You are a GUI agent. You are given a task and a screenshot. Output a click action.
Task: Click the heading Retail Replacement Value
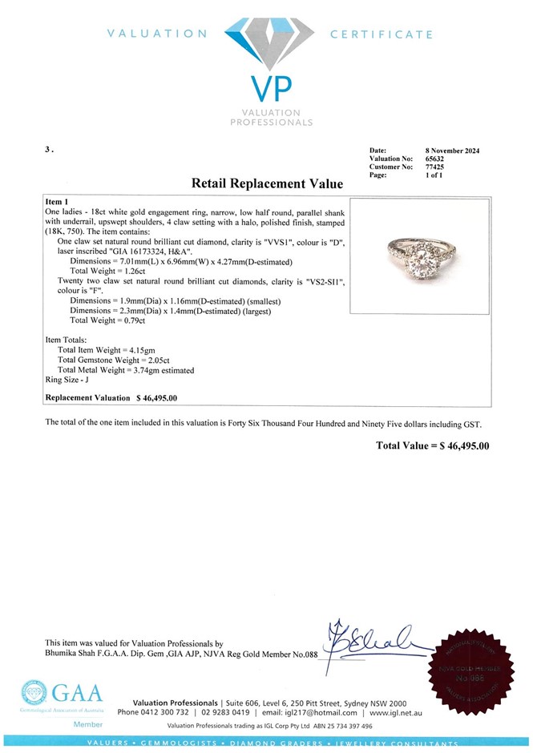tap(267, 183)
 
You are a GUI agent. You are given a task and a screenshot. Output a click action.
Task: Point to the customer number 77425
tap(434, 167)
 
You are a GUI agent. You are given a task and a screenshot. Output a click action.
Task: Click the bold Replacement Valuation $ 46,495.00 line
tap(111, 397)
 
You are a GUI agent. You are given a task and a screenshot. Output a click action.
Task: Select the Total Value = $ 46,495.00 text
tap(432, 445)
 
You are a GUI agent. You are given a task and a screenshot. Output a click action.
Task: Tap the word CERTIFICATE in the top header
tap(382, 34)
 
